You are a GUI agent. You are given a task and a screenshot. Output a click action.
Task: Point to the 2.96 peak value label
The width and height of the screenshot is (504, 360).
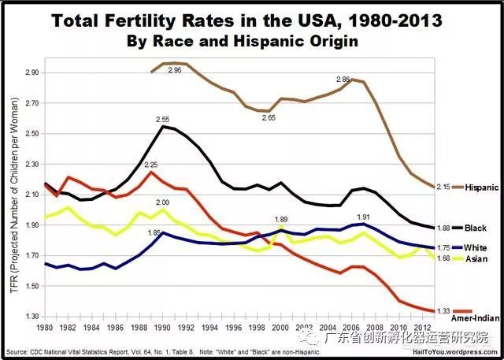pyautogui.click(x=175, y=71)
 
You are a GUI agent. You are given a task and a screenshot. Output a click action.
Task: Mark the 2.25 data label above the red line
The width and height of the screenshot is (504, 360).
pyautogui.click(x=151, y=165)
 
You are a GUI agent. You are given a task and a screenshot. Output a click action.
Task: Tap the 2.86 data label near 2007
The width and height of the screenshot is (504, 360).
pyautogui.click(x=343, y=80)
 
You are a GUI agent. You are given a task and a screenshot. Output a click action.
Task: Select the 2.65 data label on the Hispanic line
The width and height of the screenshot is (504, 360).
pyautogui.click(x=269, y=118)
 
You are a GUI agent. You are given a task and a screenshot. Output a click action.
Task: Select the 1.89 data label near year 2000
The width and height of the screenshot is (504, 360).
pyautogui.click(x=280, y=219)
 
